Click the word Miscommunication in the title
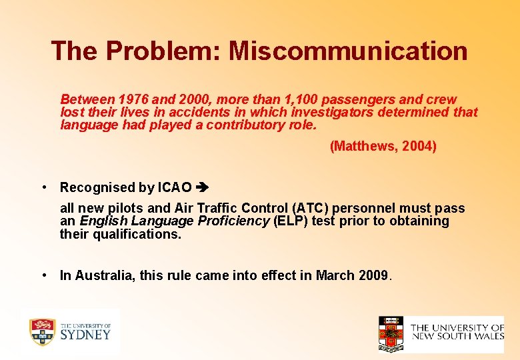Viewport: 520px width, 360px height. (x=348, y=51)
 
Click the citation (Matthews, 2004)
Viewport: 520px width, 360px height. (x=383, y=146)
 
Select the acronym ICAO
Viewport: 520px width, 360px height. (x=174, y=188)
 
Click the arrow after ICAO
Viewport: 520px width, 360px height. (x=203, y=188)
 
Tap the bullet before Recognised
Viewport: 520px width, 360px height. (x=43, y=188)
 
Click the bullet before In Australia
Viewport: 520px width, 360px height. (x=43, y=275)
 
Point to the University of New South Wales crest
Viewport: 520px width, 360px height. (x=391, y=333)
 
